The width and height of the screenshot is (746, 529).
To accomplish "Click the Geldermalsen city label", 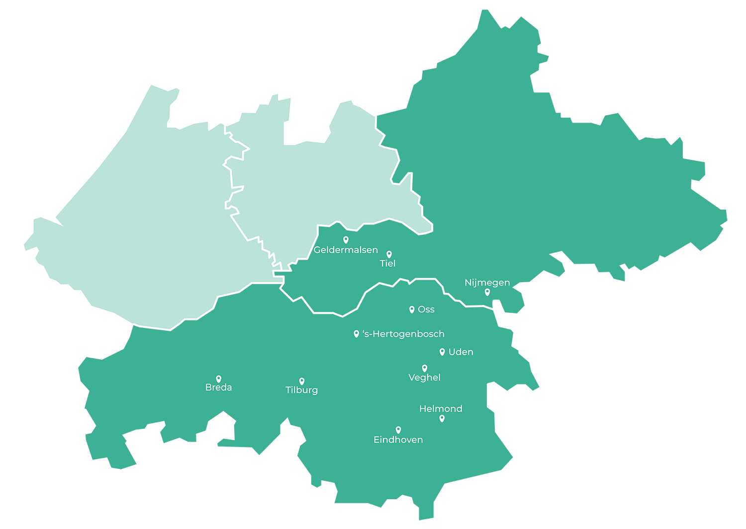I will tap(346, 250).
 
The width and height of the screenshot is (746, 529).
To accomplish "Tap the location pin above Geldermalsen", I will tap(346, 240).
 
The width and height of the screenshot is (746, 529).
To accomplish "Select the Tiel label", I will tap(387, 263).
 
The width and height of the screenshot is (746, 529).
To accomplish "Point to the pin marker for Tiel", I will tap(389, 254).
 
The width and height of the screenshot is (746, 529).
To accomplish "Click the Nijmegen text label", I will tap(487, 283).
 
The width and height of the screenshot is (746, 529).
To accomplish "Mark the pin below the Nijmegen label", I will tap(487, 292).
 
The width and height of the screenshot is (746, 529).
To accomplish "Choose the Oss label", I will tap(426, 309).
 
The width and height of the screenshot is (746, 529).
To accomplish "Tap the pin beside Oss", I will tap(412, 309).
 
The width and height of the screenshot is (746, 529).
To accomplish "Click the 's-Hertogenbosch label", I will tap(403, 334).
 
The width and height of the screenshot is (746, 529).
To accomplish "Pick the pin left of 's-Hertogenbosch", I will tap(356, 334).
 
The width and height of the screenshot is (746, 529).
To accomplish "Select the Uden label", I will tap(461, 352).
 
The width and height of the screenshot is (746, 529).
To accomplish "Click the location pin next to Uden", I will tap(442, 352).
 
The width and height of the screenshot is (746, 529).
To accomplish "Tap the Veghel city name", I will tap(424, 378).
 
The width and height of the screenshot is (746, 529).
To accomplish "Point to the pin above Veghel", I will tap(424, 368).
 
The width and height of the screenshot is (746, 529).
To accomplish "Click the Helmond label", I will tap(441, 409).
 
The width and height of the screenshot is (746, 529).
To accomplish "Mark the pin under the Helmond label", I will tap(442, 418).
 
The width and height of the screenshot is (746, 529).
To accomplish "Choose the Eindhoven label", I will tap(398, 440).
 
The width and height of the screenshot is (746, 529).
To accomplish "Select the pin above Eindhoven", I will tap(398, 430).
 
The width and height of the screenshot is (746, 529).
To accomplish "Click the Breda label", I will tap(218, 387).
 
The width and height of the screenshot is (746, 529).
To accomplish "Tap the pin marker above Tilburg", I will tap(301, 381).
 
